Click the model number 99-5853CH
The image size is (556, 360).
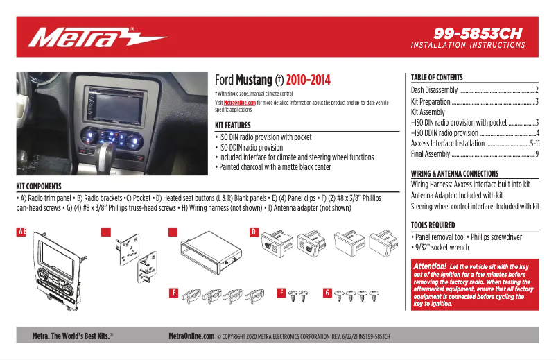click(x=477, y=33)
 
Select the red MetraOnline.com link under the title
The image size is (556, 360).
click(x=239, y=102)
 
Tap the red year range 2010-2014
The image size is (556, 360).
click(x=308, y=80)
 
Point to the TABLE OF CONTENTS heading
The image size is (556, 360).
click(x=437, y=78)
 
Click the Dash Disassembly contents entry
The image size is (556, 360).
click(x=435, y=90)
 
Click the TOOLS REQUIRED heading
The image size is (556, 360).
click(x=433, y=225)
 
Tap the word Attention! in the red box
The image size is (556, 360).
click(x=430, y=267)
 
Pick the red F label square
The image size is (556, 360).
click(x=282, y=293)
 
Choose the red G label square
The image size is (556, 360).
click(x=327, y=293)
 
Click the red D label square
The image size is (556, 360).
click(x=254, y=231)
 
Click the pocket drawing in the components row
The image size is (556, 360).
click(x=208, y=256)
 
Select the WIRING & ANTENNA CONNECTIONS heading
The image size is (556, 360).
click(x=455, y=173)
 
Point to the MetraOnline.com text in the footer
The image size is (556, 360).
click(x=191, y=336)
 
